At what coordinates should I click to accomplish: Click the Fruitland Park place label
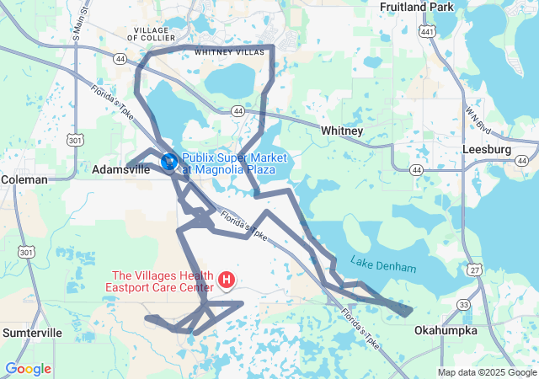point(417,7)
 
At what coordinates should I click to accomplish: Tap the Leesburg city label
point(487,149)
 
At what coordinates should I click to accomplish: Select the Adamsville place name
point(120,169)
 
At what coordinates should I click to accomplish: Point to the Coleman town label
point(24,179)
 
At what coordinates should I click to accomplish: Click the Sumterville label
point(32,333)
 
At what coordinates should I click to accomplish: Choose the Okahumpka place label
point(446,331)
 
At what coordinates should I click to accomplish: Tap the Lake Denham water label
point(383,266)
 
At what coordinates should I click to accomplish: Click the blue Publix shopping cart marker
point(168,158)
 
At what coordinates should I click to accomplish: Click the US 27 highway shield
point(477,269)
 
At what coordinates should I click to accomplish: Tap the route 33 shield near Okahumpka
point(464,304)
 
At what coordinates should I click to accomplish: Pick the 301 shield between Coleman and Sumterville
point(26,252)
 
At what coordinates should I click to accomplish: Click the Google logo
point(28,368)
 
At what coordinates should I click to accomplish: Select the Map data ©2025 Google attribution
point(486,372)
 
